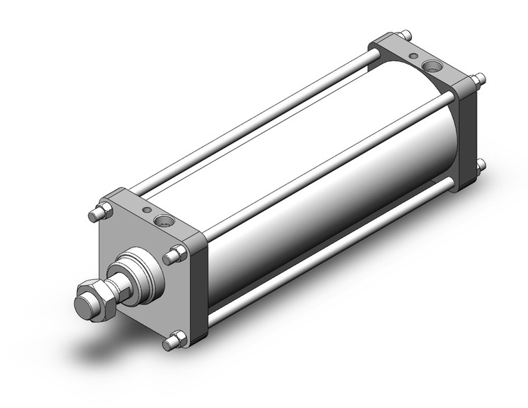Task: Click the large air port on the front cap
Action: tap(165, 221)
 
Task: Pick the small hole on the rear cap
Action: tap(414, 56)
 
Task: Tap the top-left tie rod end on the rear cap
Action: tap(403, 34)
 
